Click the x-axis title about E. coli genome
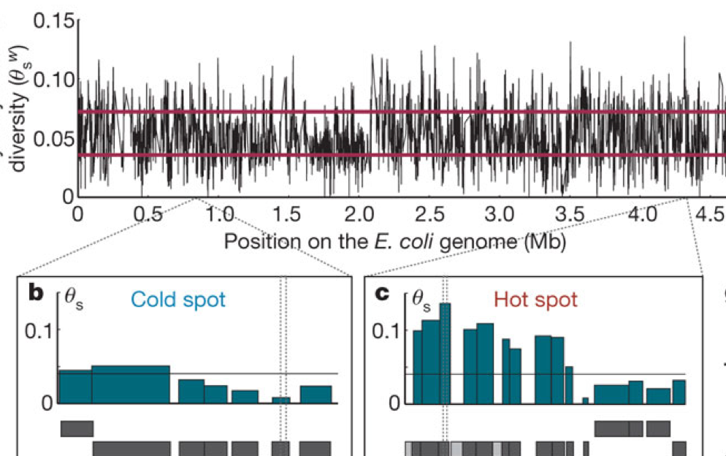(395, 240)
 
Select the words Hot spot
(535, 299)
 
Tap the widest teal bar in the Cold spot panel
(130, 384)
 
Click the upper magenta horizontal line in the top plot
(402, 112)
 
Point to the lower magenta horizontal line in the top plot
(402, 155)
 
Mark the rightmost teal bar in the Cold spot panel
(316, 395)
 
